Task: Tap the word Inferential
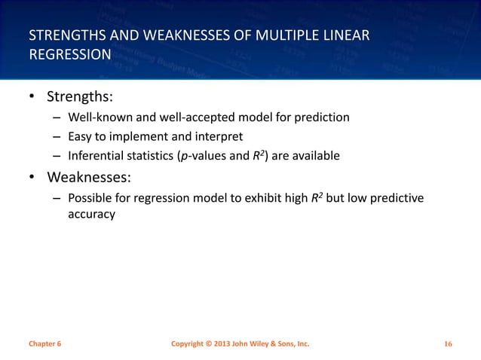pos(97,156)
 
